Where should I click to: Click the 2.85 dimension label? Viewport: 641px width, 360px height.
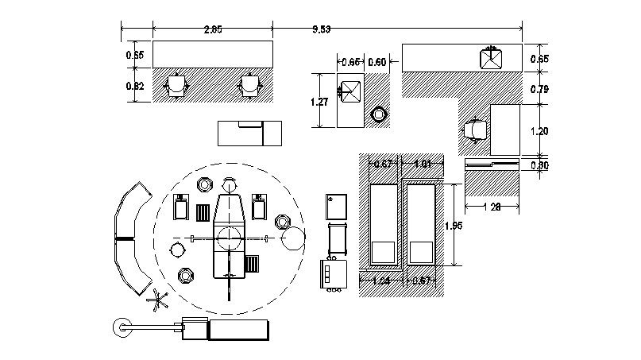click(212, 29)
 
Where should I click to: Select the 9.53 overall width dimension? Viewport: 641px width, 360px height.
click(322, 29)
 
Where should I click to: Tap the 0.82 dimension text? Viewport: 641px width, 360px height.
click(135, 87)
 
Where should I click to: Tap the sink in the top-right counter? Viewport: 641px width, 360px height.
click(490, 59)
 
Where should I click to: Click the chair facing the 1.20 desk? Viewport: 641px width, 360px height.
click(476, 130)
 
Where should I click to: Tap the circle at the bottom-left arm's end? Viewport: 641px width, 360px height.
click(123, 327)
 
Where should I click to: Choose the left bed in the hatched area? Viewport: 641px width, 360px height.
click(383, 225)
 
